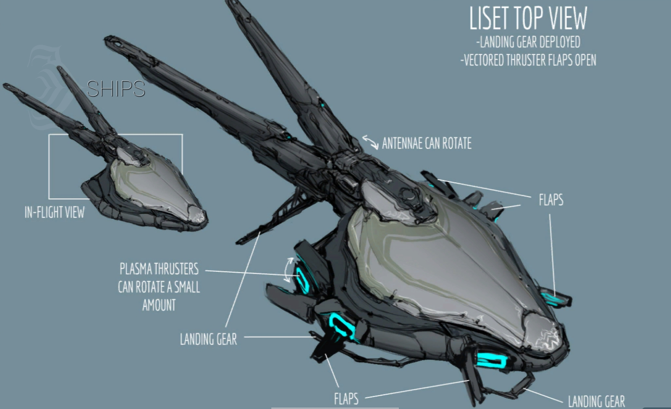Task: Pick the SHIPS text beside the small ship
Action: [116, 89]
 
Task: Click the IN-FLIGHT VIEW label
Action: [55, 212]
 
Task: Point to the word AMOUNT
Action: [159, 305]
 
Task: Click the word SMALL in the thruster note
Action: [187, 287]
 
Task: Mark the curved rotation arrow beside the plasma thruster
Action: [288, 270]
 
